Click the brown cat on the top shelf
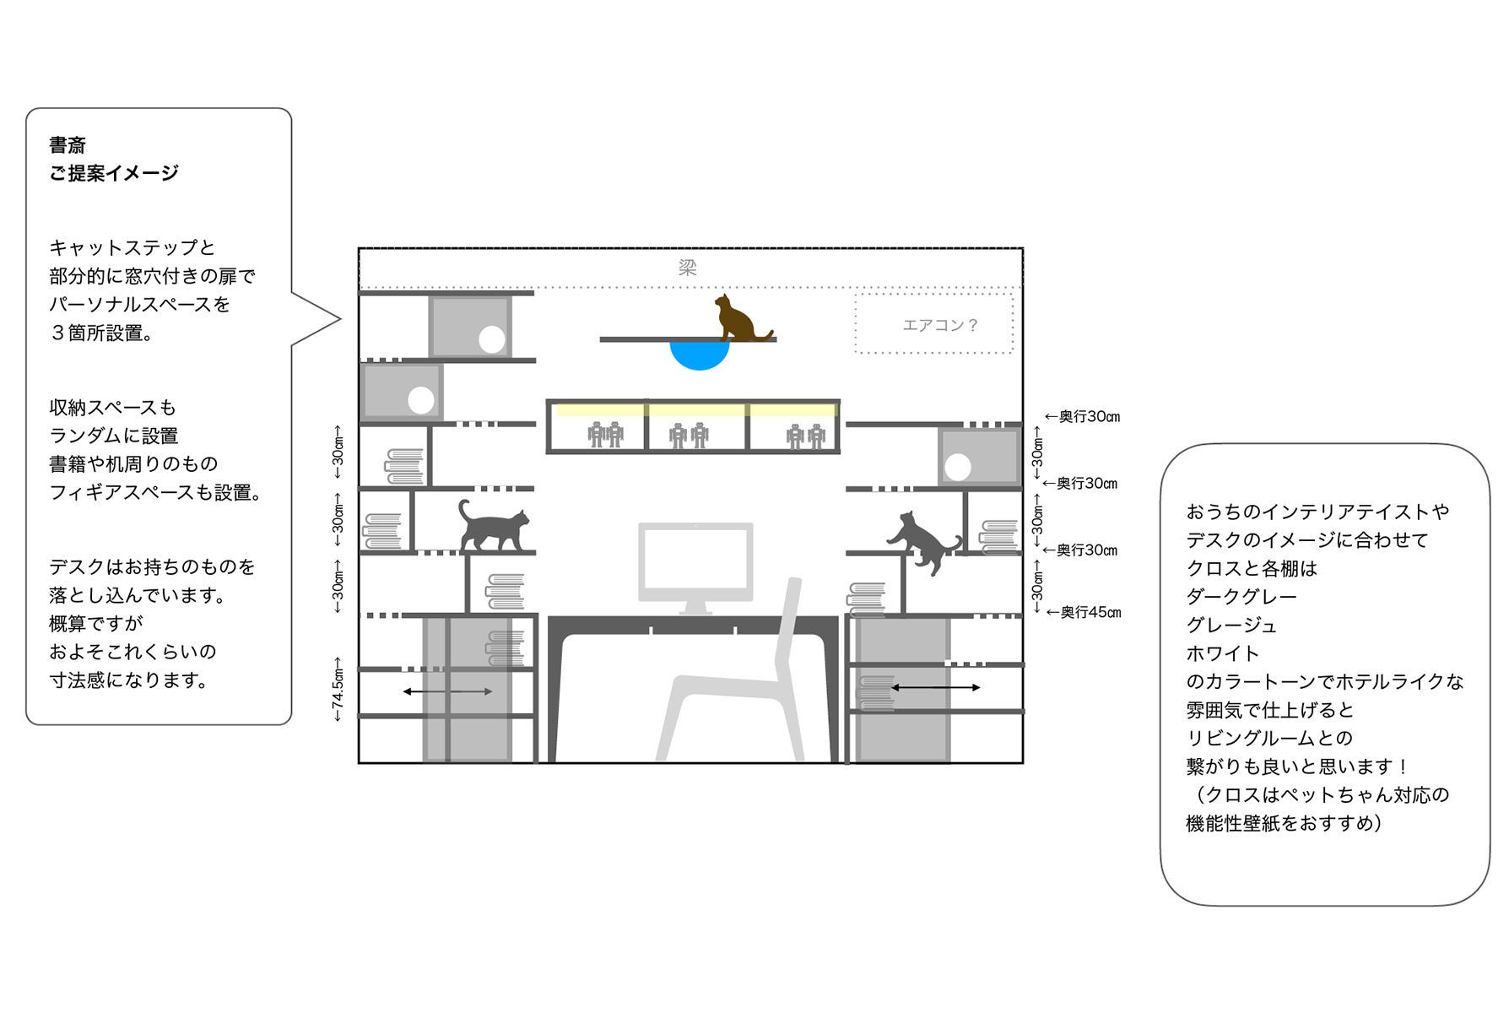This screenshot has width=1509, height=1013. point(738,320)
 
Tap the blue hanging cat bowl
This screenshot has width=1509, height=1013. point(699,354)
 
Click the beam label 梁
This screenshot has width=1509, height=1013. point(688,268)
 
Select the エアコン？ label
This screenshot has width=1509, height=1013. point(939,325)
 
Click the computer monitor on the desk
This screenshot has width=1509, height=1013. point(695,562)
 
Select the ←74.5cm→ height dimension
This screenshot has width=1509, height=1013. point(338,690)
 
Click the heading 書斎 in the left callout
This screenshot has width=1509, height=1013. point(68,145)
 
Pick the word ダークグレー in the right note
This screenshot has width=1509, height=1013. point(1241,597)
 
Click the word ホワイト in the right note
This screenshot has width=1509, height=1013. point(1222,653)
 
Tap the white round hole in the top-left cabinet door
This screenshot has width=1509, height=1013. point(491,339)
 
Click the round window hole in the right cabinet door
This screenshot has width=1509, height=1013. point(957,467)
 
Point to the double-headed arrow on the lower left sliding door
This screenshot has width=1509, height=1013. point(447,691)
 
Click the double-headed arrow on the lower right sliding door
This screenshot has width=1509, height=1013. point(936,687)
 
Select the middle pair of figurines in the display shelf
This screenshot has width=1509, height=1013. point(688,436)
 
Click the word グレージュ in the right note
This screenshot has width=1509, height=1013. point(1231,626)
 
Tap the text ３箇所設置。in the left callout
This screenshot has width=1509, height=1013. point(101,333)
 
